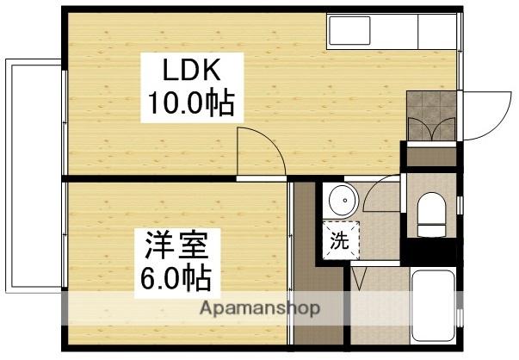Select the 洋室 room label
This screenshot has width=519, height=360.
click(176, 246)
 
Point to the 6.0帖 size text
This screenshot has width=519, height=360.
click(176, 279)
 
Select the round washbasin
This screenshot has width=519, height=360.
click(343, 201)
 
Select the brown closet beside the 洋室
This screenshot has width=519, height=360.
click(304, 258)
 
